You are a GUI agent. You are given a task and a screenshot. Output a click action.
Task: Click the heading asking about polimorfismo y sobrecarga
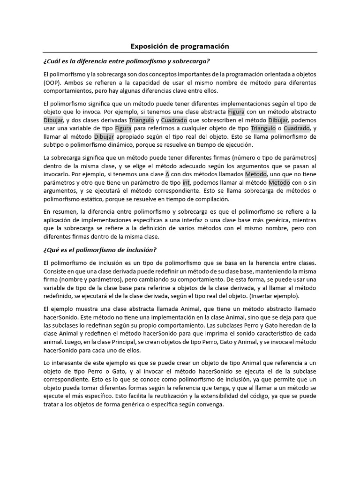click(x=126, y=61)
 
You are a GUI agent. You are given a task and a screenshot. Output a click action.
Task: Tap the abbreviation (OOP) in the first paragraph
click(x=52, y=82)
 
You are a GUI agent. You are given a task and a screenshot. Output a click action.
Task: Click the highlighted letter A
click(x=167, y=173)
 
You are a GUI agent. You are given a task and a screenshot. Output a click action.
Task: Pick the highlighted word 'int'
click(x=186, y=182)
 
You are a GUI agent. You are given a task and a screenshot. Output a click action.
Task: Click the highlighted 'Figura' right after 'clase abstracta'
click(x=236, y=112)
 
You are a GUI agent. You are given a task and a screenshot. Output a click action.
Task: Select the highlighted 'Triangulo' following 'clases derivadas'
click(x=142, y=120)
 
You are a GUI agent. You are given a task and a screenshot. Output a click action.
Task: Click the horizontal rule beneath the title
click(x=180, y=52)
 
